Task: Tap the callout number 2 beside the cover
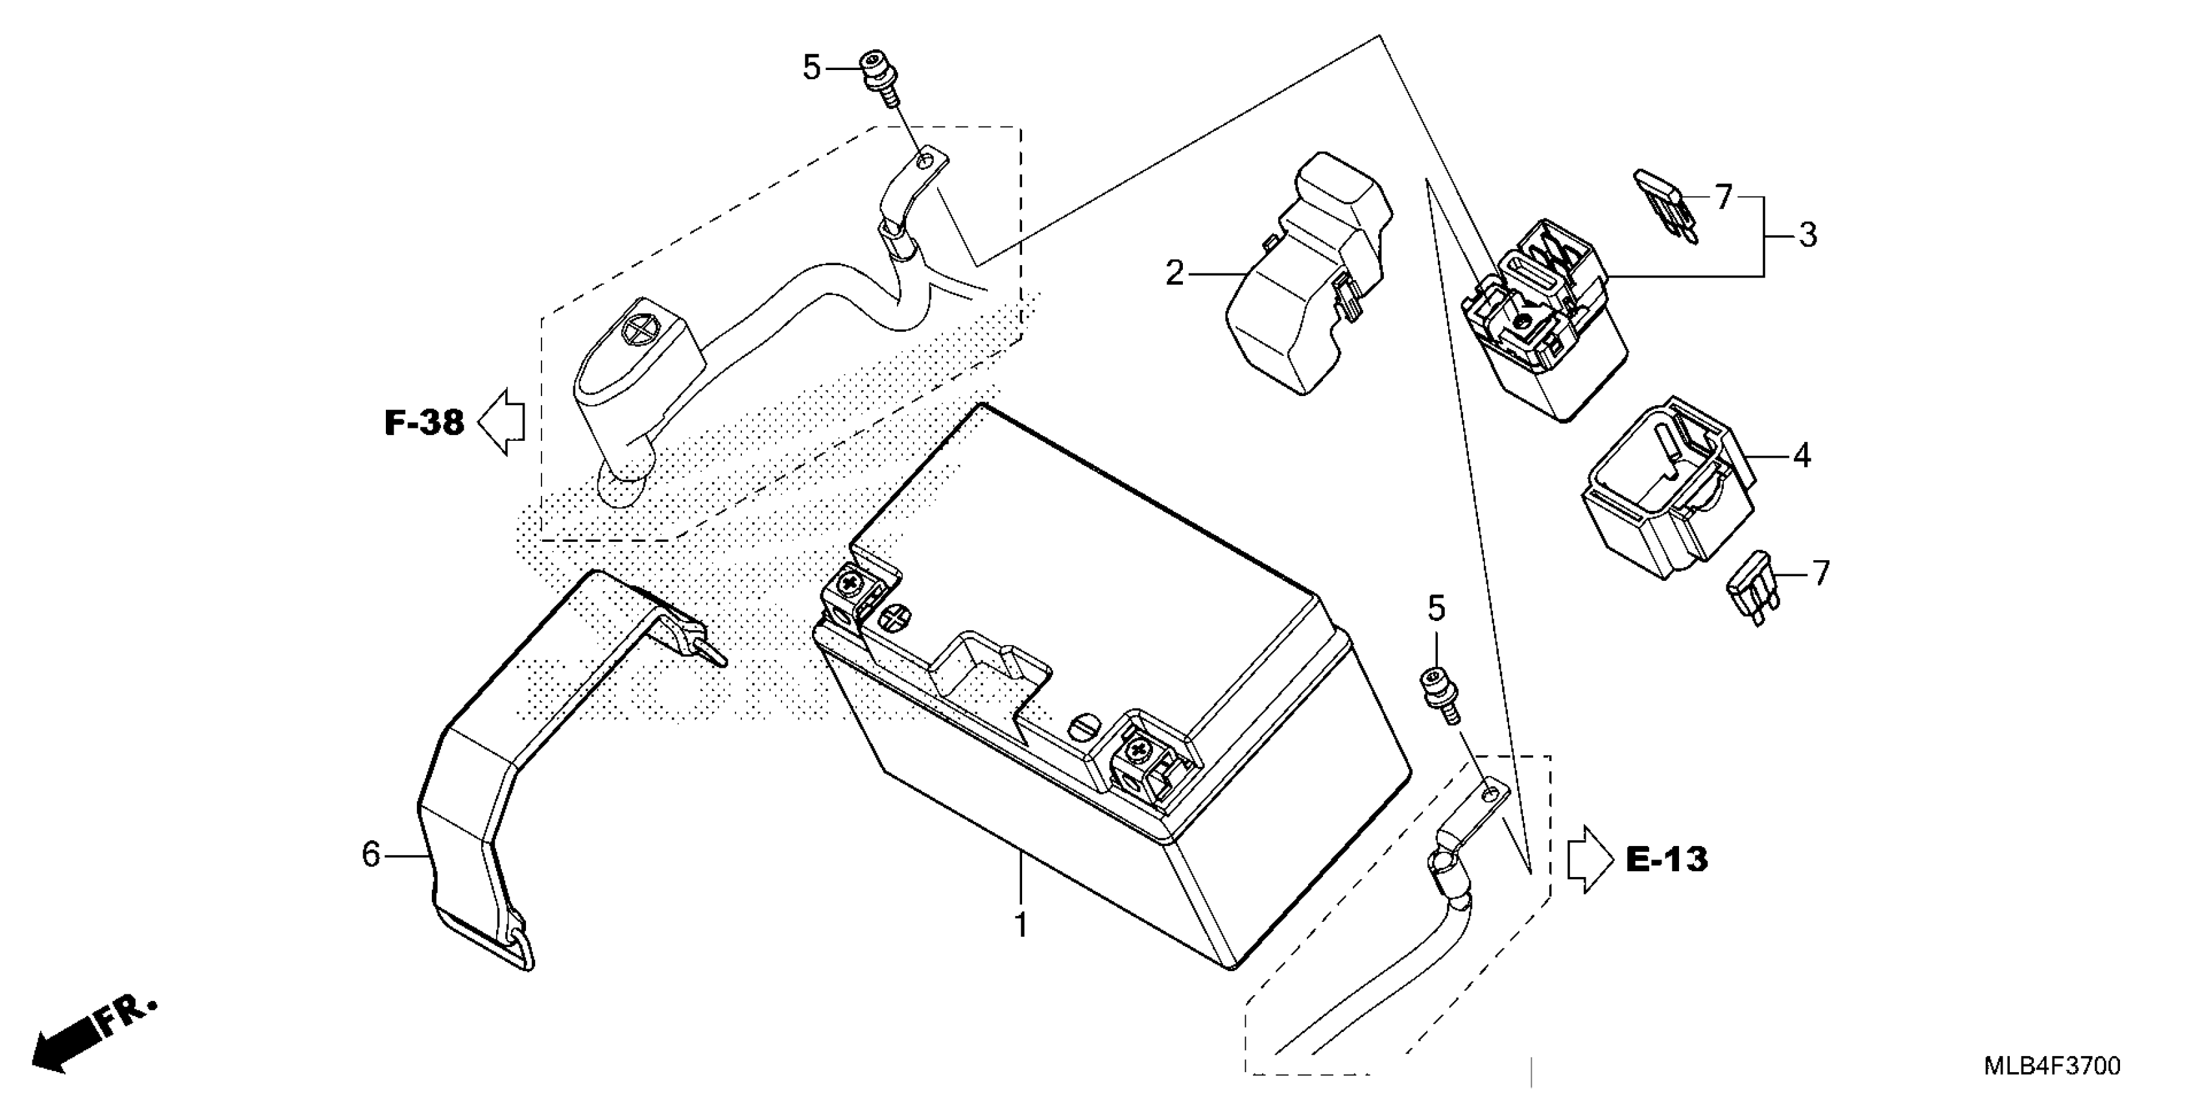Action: click(x=1175, y=274)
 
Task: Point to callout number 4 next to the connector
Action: click(x=1801, y=456)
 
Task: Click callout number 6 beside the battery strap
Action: click(x=371, y=854)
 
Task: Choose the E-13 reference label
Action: click(x=1665, y=859)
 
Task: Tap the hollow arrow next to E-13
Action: click(x=1589, y=859)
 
